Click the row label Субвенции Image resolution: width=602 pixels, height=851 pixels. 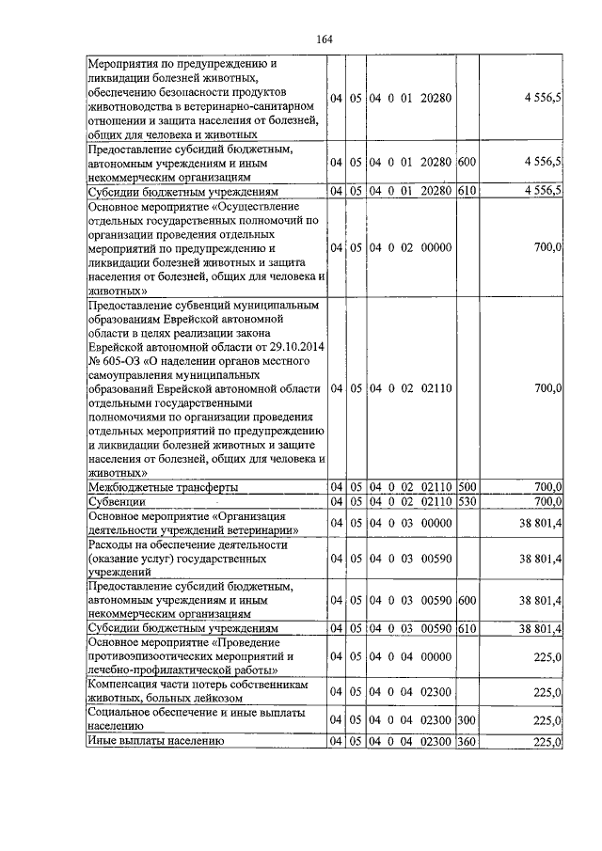115,501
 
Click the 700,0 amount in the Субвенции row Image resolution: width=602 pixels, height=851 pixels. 547,501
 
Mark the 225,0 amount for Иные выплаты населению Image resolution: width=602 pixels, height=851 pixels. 547,742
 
